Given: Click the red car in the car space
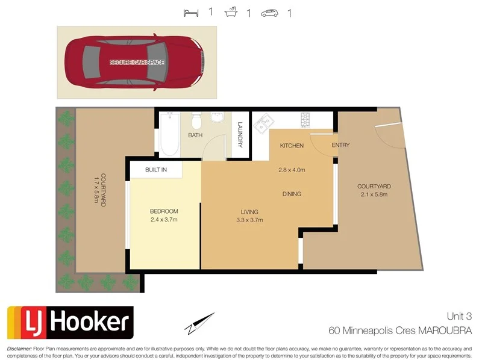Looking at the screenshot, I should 136,62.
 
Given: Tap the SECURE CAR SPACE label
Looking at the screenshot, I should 137,63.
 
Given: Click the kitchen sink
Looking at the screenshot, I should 263,125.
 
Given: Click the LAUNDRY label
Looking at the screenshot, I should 240,135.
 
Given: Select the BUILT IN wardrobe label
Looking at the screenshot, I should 155,170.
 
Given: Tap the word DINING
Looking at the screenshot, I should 292,194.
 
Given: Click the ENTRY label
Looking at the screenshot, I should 340,145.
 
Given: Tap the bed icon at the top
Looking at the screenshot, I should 190,12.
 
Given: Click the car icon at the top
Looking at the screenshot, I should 269,13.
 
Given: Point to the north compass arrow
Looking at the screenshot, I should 200,323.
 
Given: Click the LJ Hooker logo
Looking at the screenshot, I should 70,323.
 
